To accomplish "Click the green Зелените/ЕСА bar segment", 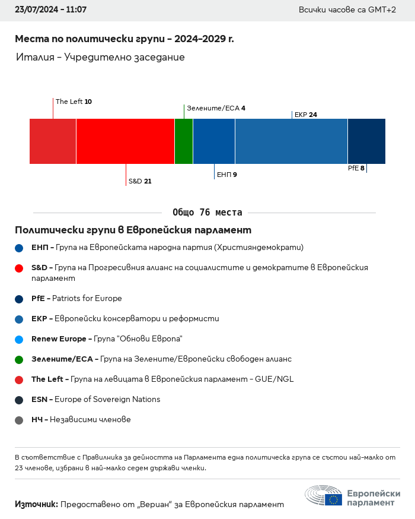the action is [184, 141].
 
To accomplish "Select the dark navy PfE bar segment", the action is [367, 141].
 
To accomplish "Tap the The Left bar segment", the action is [53, 141].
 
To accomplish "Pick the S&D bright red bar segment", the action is [125, 141].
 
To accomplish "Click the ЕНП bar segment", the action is [214, 141].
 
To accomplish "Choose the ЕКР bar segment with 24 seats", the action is [292, 141].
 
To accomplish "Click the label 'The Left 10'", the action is [74, 102].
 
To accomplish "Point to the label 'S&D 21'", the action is [140, 181].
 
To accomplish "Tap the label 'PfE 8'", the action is [356, 168].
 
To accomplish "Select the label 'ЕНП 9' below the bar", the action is [227, 175].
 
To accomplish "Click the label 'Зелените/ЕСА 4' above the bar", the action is [216, 108].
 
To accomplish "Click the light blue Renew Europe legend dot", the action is [19, 340].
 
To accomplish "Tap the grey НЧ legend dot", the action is [19, 420].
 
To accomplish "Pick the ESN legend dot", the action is [19, 400].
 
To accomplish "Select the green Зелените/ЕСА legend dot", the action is [19, 360].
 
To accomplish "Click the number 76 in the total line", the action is [205, 212].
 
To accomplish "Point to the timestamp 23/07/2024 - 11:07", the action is [50, 10].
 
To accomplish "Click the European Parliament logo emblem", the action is [324, 495].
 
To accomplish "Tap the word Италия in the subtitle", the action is [35, 57].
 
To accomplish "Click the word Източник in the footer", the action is [36, 504].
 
